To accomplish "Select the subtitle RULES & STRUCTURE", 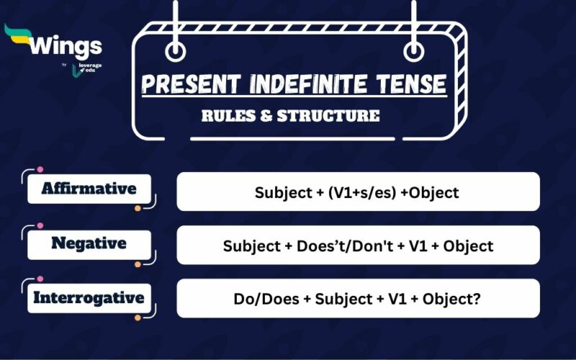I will (x=290, y=115).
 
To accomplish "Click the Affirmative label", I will (x=89, y=189).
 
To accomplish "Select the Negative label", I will (x=89, y=243).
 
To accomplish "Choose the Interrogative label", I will (x=89, y=297).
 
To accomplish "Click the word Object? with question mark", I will (x=450, y=299).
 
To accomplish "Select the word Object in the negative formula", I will (x=468, y=246).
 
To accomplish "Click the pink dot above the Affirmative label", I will (x=40, y=171).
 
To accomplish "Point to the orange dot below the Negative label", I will (x=138, y=264).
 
